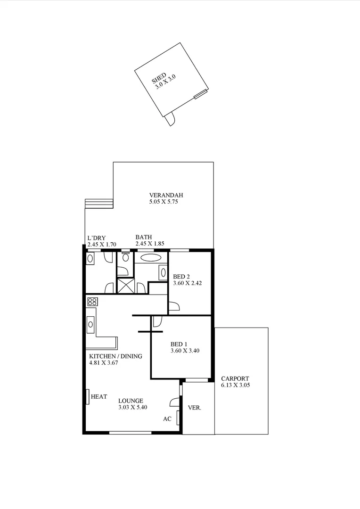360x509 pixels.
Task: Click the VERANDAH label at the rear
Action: (x=165, y=195)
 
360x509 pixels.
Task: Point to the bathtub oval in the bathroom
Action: (x=151, y=258)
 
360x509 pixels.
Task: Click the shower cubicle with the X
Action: (x=125, y=286)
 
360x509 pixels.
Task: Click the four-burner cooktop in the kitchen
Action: (x=92, y=302)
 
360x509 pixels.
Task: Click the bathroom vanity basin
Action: (x=163, y=272)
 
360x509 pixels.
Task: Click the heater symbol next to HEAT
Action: (x=88, y=397)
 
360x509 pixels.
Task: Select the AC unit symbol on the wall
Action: (x=178, y=418)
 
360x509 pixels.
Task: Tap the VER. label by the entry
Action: (x=194, y=408)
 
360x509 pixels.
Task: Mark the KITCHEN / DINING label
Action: (x=115, y=356)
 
